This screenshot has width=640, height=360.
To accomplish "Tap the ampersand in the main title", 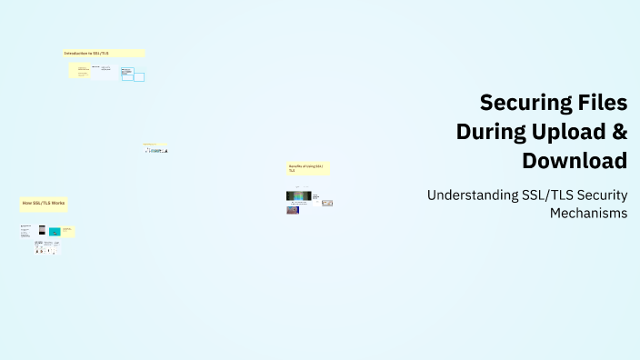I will [619, 132].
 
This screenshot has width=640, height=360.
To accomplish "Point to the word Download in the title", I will [575, 161].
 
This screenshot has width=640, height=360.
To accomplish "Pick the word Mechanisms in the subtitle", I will [588, 213].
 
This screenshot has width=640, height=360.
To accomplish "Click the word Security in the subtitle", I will [602, 195].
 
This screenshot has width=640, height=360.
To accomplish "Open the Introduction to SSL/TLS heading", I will [87, 54].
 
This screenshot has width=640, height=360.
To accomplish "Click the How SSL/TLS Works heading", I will [44, 203].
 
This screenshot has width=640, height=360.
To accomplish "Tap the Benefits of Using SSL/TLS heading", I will [306, 168].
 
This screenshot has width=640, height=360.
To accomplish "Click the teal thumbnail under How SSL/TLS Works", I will [55, 232].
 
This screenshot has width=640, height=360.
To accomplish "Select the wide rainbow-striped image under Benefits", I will [298, 195].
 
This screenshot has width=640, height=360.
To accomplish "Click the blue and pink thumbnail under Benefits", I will [292, 210].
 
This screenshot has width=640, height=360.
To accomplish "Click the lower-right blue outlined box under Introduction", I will [139, 77].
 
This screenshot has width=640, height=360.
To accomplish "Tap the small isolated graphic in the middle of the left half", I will [155, 149].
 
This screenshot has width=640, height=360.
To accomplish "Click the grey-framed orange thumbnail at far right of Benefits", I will [327, 203].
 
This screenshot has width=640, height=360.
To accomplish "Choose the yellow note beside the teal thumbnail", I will [67, 231].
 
